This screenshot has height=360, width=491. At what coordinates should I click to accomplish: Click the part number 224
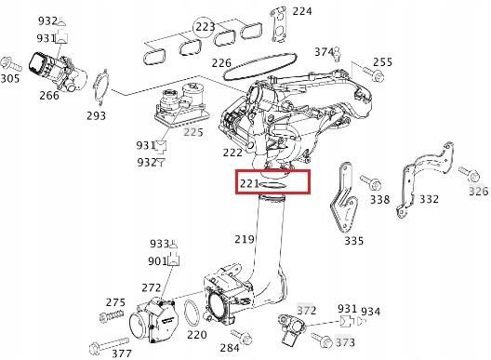[x=301, y=11]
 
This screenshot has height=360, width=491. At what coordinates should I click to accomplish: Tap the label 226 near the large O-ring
[x=220, y=64]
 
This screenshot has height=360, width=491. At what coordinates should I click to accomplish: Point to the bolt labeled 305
[x=12, y=65]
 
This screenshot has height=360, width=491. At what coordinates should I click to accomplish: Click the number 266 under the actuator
[x=49, y=94]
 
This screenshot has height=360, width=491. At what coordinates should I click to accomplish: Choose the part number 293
[x=96, y=116]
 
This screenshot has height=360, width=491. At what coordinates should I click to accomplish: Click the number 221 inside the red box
[x=248, y=183]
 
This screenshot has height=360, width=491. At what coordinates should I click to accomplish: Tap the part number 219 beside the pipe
[x=244, y=240]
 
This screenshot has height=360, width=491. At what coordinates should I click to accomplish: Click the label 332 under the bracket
[x=429, y=200]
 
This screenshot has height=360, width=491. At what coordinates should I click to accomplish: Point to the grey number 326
[x=478, y=191]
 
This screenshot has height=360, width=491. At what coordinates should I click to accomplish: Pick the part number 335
[x=354, y=241]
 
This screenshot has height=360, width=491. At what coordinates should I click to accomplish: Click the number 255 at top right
[x=382, y=62]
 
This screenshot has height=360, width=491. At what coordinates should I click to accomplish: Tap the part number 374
[x=324, y=51]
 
